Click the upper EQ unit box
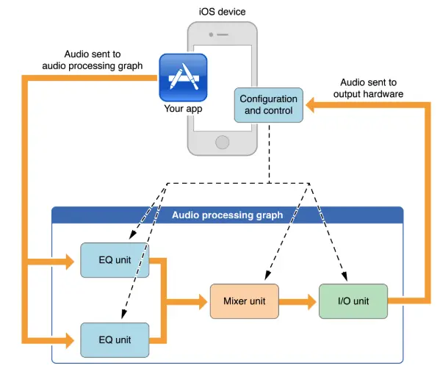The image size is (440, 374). (x=115, y=260)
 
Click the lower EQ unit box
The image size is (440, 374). (x=115, y=340)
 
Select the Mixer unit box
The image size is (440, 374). (x=245, y=301)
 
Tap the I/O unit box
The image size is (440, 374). (x=353, y=301)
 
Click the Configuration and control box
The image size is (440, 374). (x=269, y=105)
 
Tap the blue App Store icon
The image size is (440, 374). (x=183, y=77)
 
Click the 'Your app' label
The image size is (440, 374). (x=183, y=109)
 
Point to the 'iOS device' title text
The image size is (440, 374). (x=223, y=12)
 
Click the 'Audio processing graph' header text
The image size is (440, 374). (x=227, y=215)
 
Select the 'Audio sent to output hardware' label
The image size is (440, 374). (x=368, y=88)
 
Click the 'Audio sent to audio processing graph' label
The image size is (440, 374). (x=93, y=60)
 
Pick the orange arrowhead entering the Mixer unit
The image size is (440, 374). (x=203, y=302)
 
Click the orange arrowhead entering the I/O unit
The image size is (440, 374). (x=312, y=302)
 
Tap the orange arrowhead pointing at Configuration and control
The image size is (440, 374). (x=310, y=105)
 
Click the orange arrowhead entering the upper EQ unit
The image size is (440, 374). (x=70, y=262)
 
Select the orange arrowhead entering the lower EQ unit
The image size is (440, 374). (x=70, y=341)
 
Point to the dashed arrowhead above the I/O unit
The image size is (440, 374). (x=345, y=276)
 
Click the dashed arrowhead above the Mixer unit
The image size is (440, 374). (x=267, y=276)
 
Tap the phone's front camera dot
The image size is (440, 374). (x=211, y=35)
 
